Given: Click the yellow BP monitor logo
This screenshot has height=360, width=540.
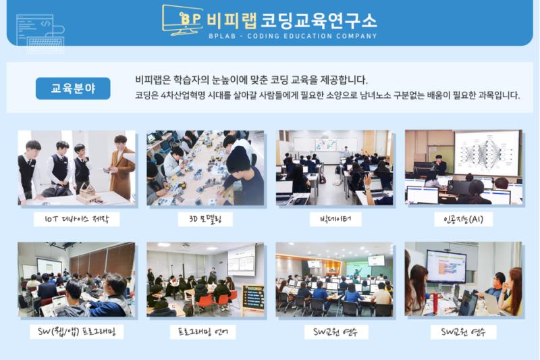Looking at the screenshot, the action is (x=183, y=20).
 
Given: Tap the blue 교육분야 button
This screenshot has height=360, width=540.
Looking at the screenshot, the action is (x=73, y=88).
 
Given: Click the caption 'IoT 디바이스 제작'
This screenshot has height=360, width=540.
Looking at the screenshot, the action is (x=77, y=219).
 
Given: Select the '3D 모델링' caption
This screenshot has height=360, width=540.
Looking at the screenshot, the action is (x=205, y=219).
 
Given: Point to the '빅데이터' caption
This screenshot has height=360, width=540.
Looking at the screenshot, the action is (x=335, y=219).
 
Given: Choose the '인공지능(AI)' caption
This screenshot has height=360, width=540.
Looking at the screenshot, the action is (x=463, y=219).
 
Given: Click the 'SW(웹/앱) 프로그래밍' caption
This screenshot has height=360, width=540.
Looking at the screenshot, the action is (x=76, y=332).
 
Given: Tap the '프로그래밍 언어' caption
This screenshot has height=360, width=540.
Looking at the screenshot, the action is (x=203, y=332).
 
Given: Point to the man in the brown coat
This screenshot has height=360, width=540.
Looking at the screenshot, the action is (x=122, y=167).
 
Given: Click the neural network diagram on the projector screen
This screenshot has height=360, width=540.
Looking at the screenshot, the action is (x=486, y=153).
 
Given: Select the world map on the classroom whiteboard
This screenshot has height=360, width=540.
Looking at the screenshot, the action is (x=325, y=145).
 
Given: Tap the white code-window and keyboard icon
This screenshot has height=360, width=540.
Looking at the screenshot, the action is (x=40, y=33).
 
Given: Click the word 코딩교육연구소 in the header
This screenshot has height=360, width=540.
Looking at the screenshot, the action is (x=319, y=21).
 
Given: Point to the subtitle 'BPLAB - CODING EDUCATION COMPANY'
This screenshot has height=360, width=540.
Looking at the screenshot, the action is (x=293, y=36).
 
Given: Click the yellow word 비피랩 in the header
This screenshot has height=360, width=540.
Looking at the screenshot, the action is (x=232, y=21).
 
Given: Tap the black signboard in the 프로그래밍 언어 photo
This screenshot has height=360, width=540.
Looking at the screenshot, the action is (x=253, y=297).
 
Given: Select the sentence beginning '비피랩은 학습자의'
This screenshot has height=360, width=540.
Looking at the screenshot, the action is (x=251, y=80).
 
